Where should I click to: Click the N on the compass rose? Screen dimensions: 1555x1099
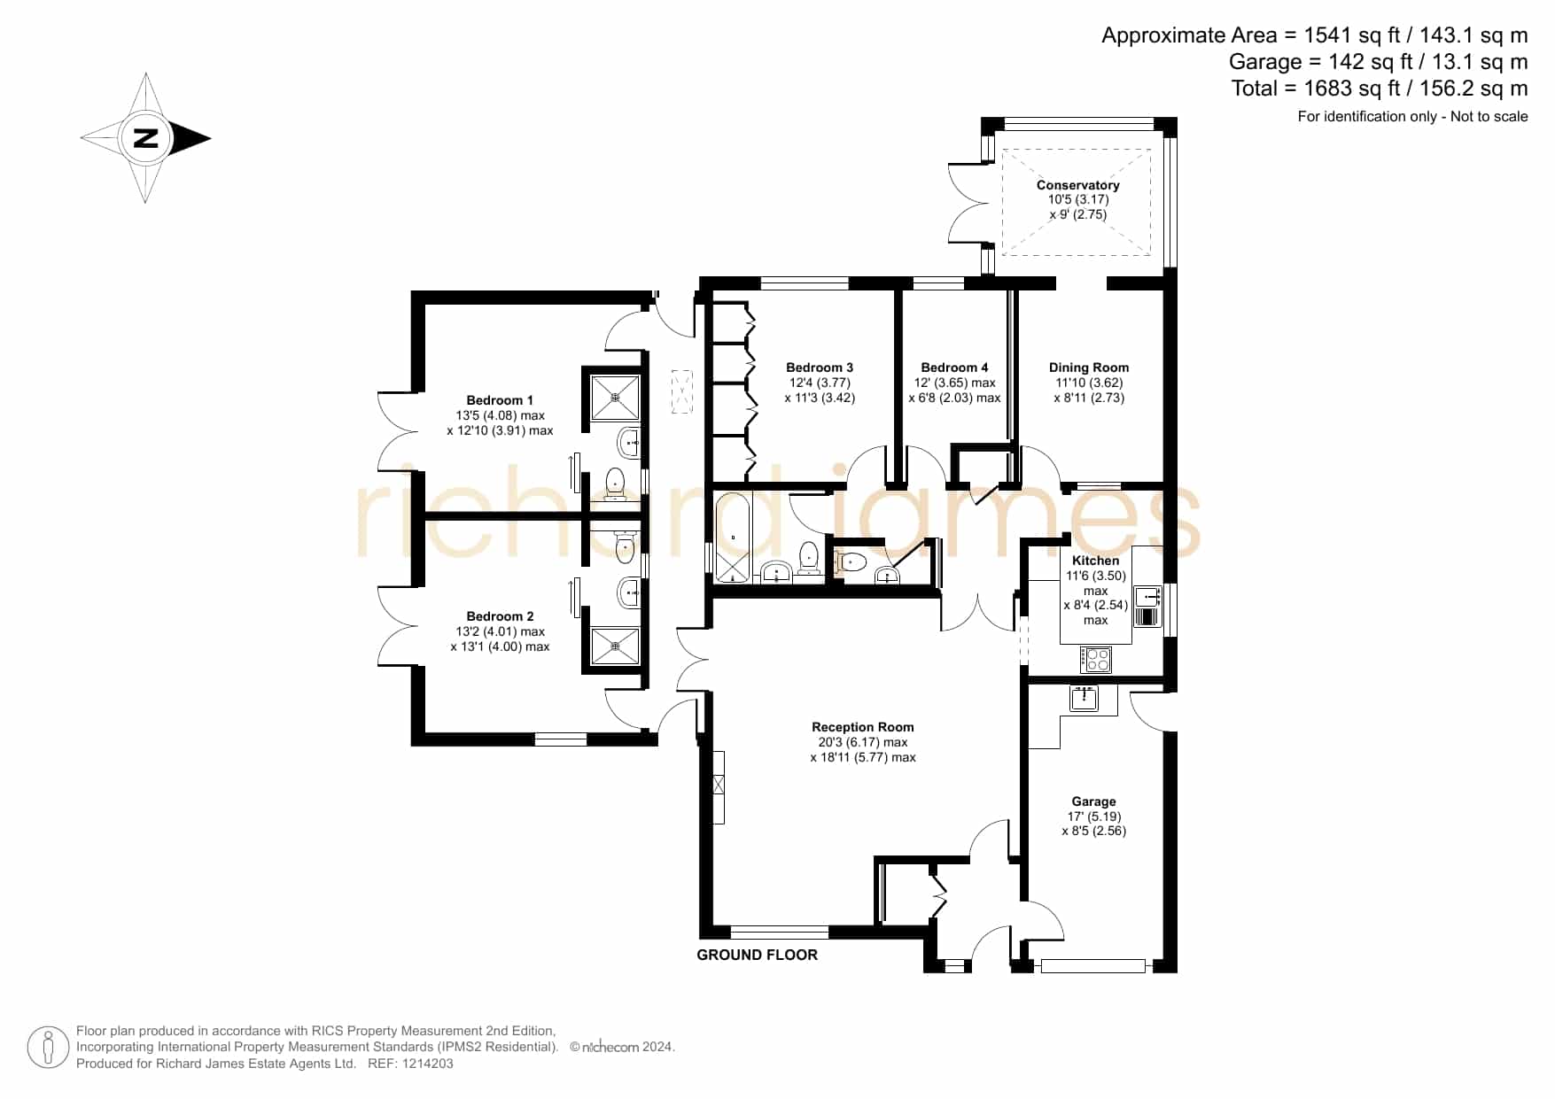[x=145, y=138]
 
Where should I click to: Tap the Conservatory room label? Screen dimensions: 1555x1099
[x=1077, y=185]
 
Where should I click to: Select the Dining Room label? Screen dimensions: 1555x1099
[x=1089, y=368]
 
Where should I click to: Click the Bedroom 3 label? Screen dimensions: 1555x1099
[x=820, y=368]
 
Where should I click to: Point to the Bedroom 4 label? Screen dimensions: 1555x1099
[x=954, y=368]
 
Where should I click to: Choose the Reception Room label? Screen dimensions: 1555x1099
[x=863, y=727]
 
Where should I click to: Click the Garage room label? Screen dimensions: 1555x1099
[x=1093, y=801]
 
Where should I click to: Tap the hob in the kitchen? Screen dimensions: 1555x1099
[x=1096, y=659]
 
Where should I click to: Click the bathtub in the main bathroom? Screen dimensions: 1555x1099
[x=733, y=539]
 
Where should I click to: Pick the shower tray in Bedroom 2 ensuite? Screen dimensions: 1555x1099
[x=615, y=646]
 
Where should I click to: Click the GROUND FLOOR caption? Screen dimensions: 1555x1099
[x=757, y=955]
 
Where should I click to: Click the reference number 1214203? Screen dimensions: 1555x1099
[x=429, y=1064]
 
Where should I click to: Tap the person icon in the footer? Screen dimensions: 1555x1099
[x=48, y=1048]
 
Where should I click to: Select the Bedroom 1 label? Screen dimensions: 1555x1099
[x=500, y=400]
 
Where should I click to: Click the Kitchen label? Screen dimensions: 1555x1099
[x=1095, y=561]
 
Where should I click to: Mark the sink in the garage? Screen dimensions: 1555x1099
[x=1084, y=699]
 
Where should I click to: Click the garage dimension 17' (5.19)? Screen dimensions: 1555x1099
[x=1093, y=817]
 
